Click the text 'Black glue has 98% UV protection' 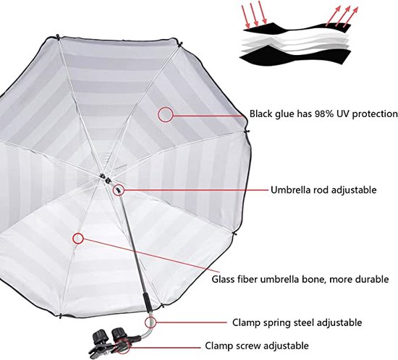click(x=323, y=113)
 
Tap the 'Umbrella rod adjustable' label click(x=323, y=189)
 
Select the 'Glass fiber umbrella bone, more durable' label click(x=300, y=279)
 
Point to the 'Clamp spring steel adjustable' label click(x=297, y=322)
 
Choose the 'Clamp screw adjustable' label click(x=257, y=346)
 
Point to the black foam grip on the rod click(x=148, y=302)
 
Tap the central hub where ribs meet click(x=105, y=178)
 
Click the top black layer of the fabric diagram click(x=297, y=27)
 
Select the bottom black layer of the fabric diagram click(x=295, y=56)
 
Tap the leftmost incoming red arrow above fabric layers click(x=245, y=17)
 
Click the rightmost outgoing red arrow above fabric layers click(x=351, y=17)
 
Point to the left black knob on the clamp click(x=101, y=336)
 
